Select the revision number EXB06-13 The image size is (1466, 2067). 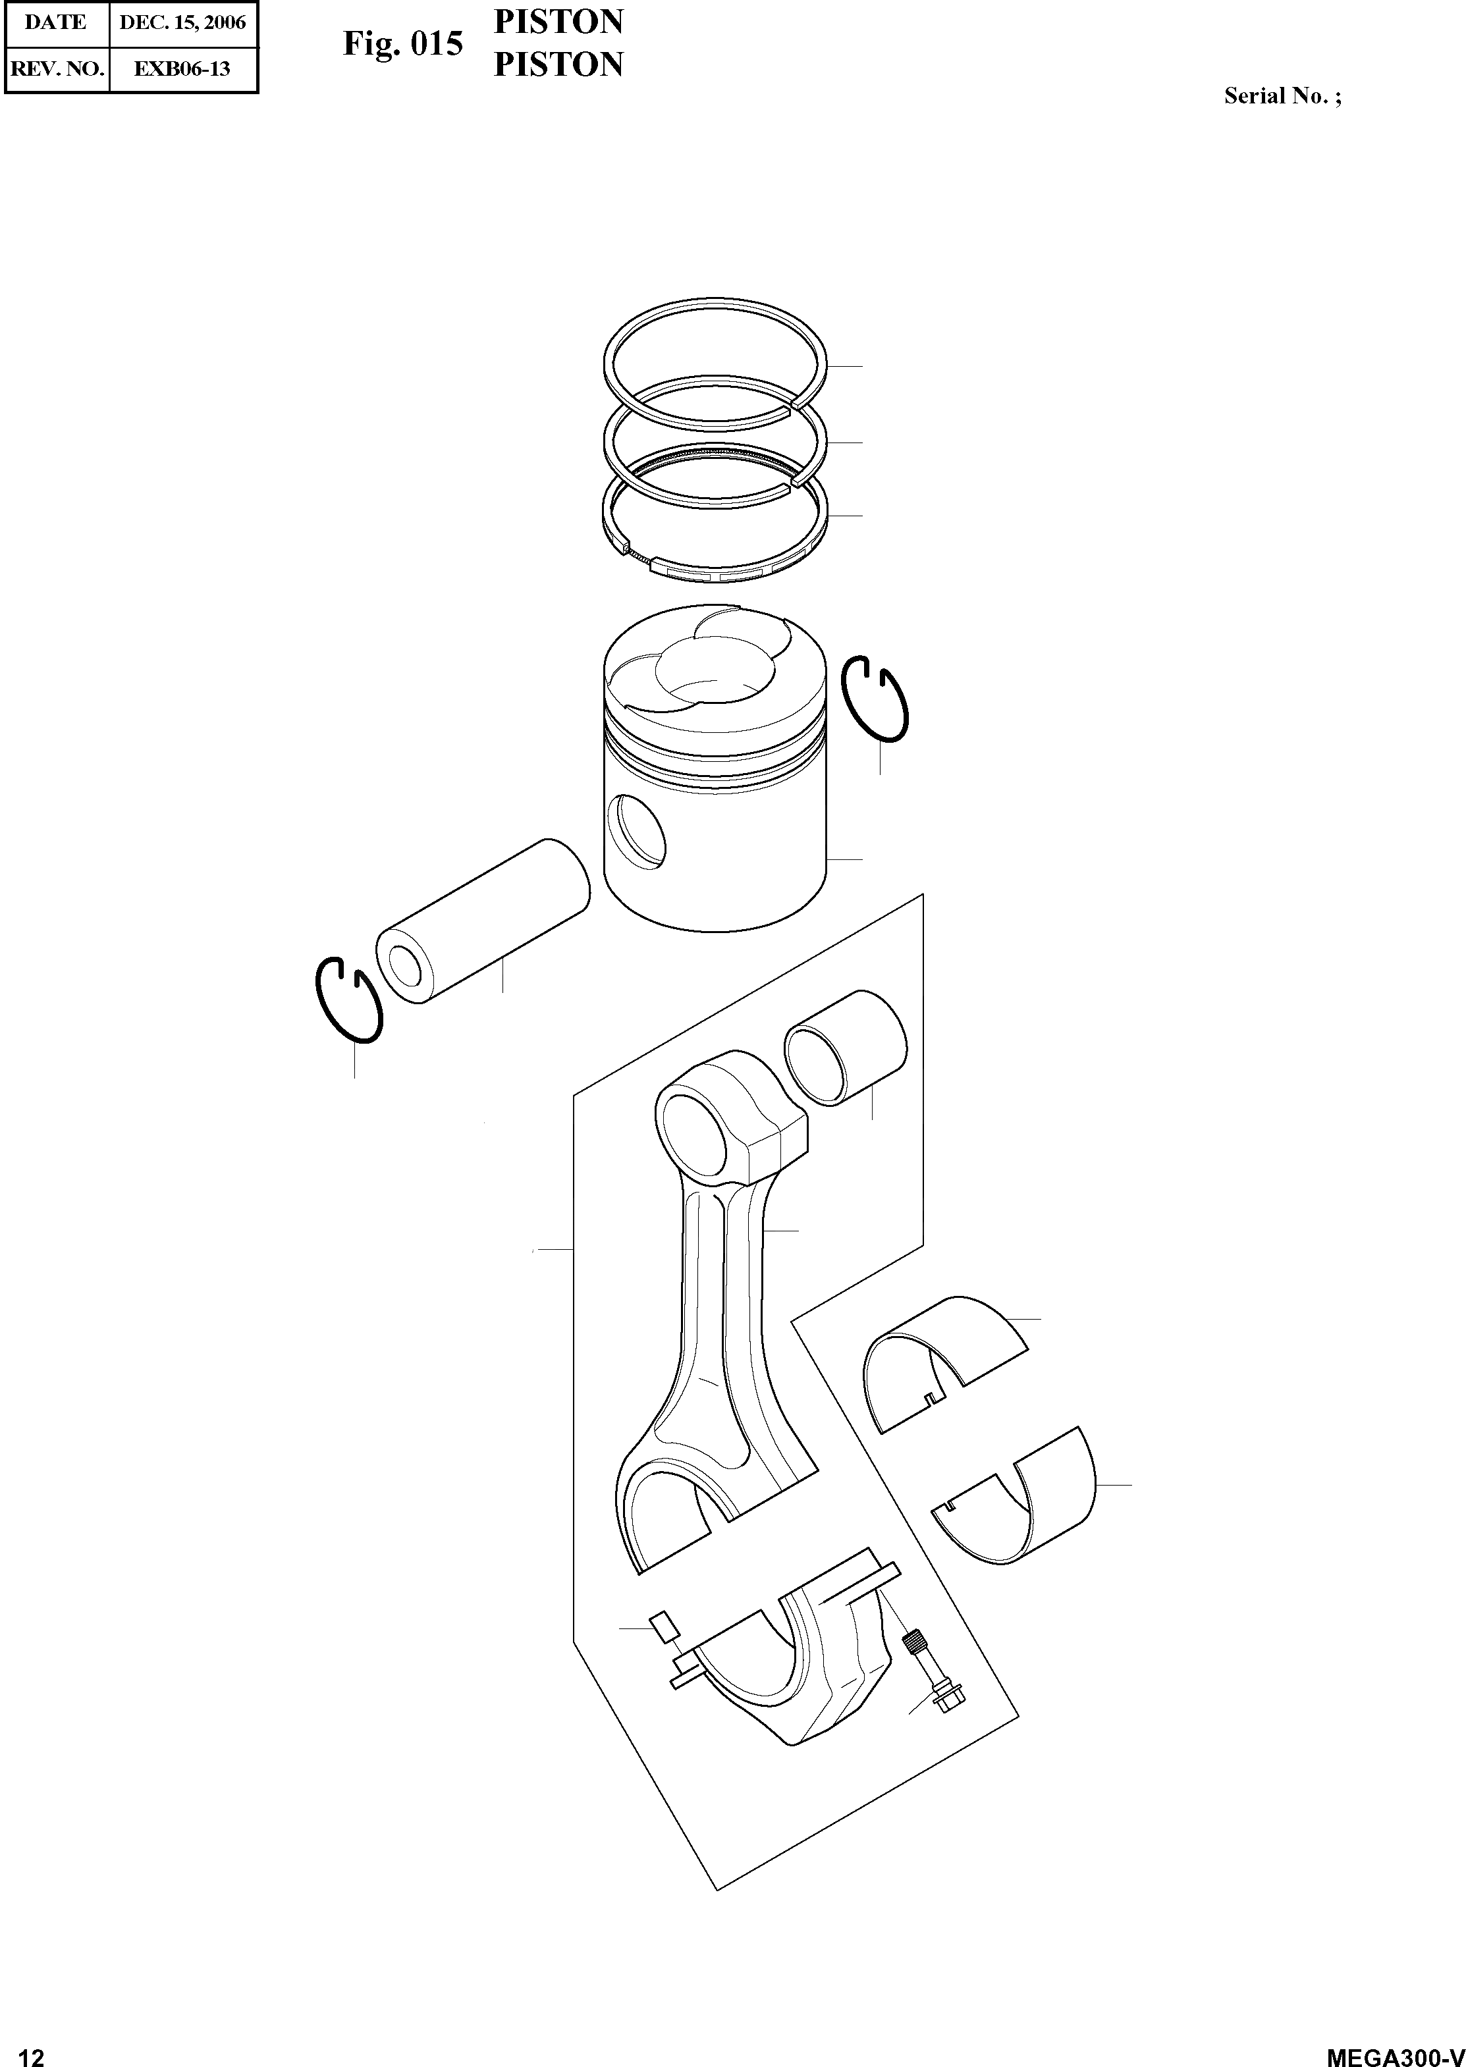(182, 68)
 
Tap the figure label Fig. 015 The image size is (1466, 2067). (402, 44)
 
